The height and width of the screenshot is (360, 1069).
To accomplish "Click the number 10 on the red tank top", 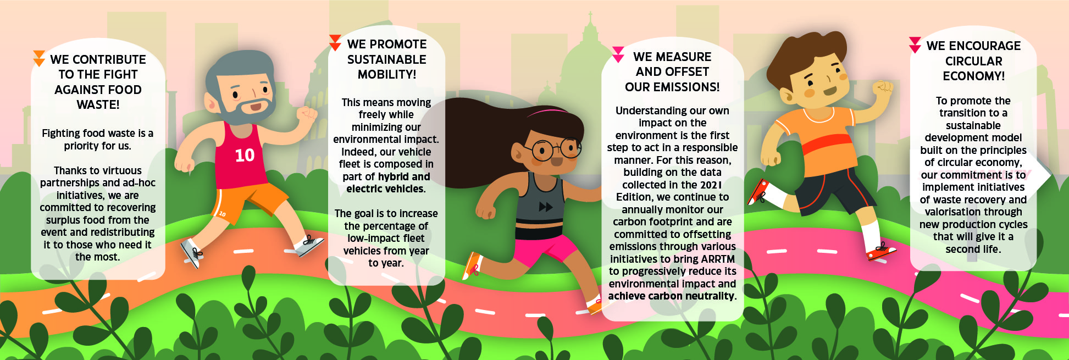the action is (x=245, y=156).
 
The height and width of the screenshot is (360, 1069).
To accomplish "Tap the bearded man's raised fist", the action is (x=307, y=114).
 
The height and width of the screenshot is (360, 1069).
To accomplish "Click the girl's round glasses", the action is (x=556, y=149).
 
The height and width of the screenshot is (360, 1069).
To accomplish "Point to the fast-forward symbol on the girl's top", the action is (x=546, y=207).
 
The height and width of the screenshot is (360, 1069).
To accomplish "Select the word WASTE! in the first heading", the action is (x=98, y=104).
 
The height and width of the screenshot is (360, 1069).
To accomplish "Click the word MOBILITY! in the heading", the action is (x=387, y=74).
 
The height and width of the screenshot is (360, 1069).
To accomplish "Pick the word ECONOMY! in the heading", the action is (x=973, y=76).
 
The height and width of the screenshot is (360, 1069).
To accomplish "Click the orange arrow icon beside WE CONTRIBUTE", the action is (x=39, y=58).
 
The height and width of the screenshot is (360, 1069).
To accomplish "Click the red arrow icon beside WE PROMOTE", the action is (x=335, y=43).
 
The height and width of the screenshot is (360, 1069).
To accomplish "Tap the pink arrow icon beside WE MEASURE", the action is (x=618, y=54).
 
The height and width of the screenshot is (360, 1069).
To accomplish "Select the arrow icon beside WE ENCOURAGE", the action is (x=915, y=45).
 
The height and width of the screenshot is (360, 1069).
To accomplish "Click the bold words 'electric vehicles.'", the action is (x=386, y=189).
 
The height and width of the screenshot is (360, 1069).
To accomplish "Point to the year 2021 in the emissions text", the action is (x=711, y=185).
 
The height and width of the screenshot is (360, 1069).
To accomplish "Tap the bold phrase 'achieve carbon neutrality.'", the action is (x=672, y=296).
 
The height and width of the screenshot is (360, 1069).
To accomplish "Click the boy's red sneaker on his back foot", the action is (x=758, y=192).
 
